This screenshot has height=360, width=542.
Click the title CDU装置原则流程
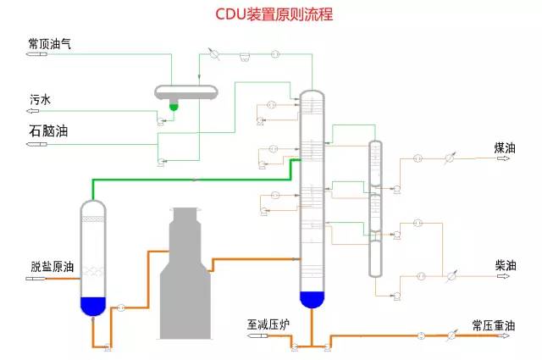(x=270, y=14)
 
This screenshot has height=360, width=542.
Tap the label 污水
(x=41, y=99)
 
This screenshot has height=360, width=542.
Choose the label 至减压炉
(x=269, y=324)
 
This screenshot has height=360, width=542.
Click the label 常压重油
(x=493, y=324)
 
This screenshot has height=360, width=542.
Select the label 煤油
(x=505, y=147)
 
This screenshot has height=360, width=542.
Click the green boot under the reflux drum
(x=174, y=106)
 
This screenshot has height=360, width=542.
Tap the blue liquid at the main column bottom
(x=312, y=298)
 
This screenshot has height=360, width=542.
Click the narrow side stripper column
(x=375, y=208)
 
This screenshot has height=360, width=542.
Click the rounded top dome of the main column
(x=312, y=93)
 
